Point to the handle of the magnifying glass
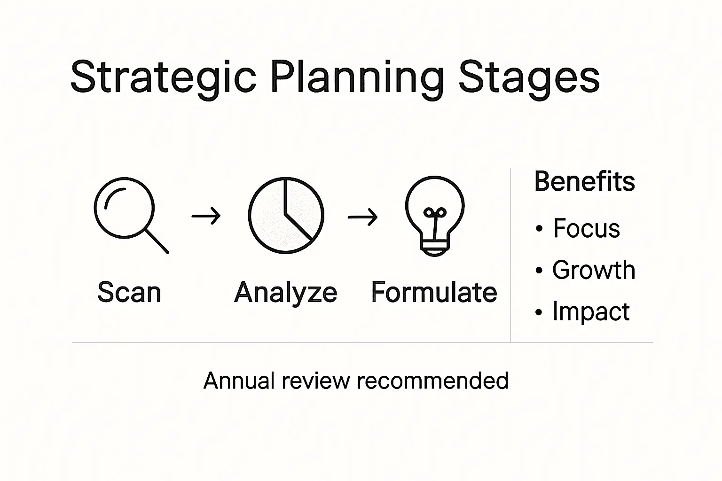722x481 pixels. (x=157, y=241)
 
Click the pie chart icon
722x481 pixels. (x=286, y=215)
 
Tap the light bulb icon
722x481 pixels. (x=435, y=214)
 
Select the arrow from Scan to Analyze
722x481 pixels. (x=206, y=216)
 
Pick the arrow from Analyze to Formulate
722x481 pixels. (x=362, y=217)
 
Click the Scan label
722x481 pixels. (x=129, y=292)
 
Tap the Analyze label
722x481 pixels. (x=286, y=293)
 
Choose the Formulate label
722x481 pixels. (x=434, y=292)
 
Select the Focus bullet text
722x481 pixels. (x=586, y=229)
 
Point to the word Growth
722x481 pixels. (x=594, y=270)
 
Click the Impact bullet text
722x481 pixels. (x=590, y=311)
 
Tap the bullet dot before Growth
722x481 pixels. (x=539, y=271)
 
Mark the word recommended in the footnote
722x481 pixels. (x=433, y=380)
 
